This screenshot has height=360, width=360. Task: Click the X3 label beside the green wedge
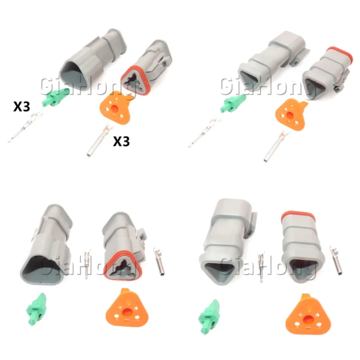coord(22,107)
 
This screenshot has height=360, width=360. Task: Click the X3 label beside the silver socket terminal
coord(121,141)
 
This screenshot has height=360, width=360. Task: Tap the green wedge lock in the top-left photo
coord(55,97)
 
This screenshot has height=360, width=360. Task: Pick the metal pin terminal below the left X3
coord(25,127)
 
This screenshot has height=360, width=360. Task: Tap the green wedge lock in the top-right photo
coord(233,103)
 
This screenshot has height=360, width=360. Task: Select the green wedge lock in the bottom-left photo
coord(36,309)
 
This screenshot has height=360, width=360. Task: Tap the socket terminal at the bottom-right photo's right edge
coord(336,260)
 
